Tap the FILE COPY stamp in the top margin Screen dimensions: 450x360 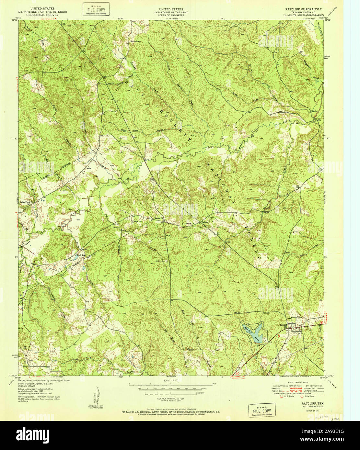click(96, 9)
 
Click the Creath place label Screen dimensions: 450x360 click(88, 169)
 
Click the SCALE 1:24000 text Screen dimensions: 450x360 click(171, 380)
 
